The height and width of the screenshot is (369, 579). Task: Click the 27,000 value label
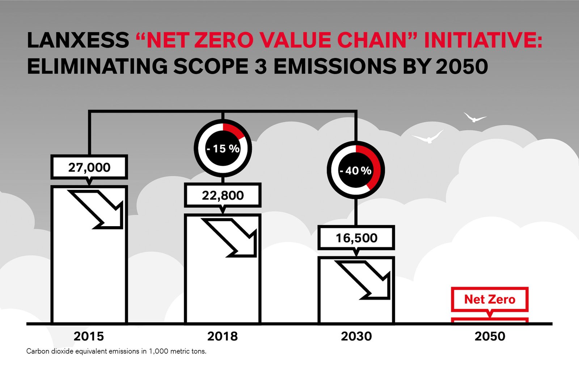tap(89, 167)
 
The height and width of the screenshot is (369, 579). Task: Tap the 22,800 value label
tap(223, 195)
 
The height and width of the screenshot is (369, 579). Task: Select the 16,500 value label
tap(356, 238)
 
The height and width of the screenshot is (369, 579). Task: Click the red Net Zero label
tap(490, 299)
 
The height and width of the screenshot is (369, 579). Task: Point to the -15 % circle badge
tap(223, 148)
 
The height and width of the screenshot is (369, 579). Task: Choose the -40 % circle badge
tap(356, 170)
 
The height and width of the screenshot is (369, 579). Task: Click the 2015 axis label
tap(89, 336)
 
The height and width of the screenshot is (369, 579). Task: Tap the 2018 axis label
tap(223, 336)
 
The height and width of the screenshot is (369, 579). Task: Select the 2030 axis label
tap(356, 336)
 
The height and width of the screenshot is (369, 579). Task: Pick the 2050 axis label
tap(490, 336)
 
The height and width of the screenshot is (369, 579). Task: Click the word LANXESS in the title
tap(78, 40)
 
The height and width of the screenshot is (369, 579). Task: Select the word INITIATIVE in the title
tap(483, 40)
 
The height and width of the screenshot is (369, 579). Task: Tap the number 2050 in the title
tap(462, 67)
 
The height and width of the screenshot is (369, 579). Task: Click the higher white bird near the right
tap(474, 118)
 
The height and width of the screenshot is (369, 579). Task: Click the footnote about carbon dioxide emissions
tap(116, 351)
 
